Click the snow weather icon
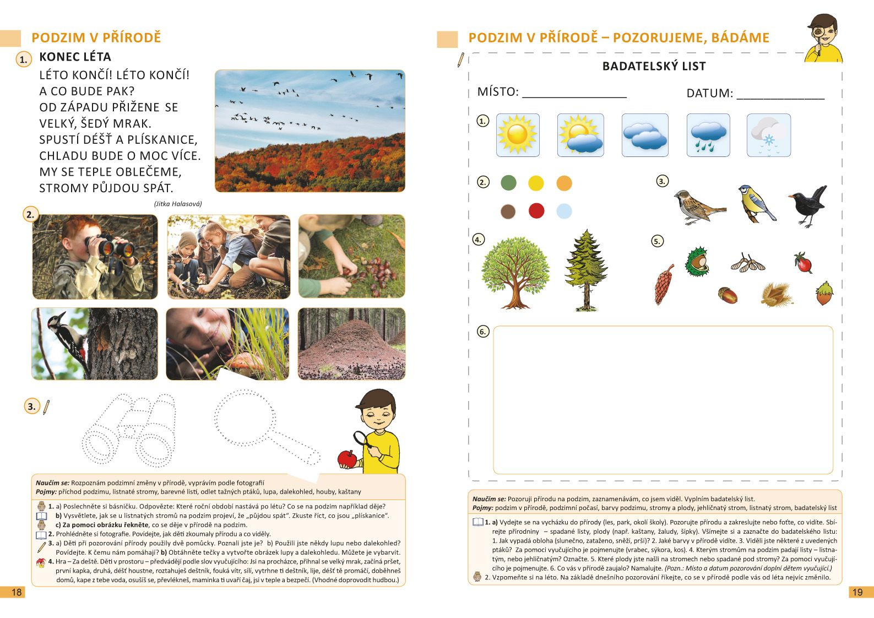click(768, 135)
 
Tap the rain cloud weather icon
click(708, 135)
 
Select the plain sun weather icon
click(517, 135)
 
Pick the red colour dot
click(536, 210)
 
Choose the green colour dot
click(508, 183)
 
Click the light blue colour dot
click(564, 210)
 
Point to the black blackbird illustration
click(808, 205)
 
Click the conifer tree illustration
click(585, 270)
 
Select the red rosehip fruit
click(803, 263)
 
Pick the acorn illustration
click(728, 295)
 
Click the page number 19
click(857, 592)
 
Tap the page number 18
click(17, 592)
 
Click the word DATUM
click(709, 94)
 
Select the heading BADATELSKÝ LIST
click(654, 67)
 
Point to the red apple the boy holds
click(348, 459)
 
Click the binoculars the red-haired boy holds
click(116, 248)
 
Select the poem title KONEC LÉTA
click(75, 57)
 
